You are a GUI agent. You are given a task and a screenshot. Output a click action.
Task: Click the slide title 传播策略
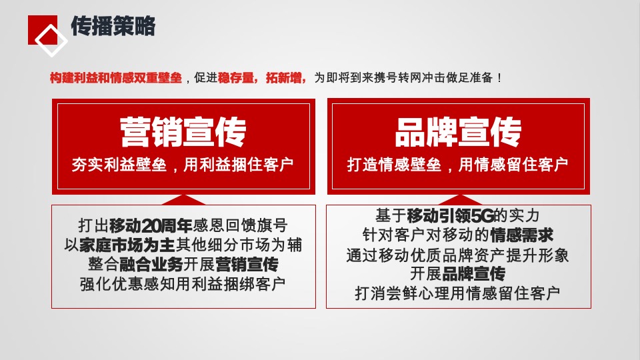pos(113,27)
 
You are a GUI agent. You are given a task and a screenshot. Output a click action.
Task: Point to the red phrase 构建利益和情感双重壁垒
pos(116,78)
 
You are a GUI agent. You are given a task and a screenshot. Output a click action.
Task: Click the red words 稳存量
pos(237,78)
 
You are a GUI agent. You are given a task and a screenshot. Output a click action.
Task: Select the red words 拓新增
pos(285,78)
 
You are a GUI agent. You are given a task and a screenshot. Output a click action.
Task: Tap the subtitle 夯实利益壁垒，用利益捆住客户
pos(183,165)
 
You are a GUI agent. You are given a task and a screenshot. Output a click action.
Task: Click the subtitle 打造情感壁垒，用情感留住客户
pos(458,165)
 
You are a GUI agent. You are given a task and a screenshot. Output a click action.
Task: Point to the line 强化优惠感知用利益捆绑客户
pos(183,283)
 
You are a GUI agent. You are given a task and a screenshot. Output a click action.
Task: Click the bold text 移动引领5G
pos(449,216)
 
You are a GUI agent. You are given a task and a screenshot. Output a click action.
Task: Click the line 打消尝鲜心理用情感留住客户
pos(458,293)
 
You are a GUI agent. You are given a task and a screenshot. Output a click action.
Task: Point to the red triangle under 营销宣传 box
pos(183,199)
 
